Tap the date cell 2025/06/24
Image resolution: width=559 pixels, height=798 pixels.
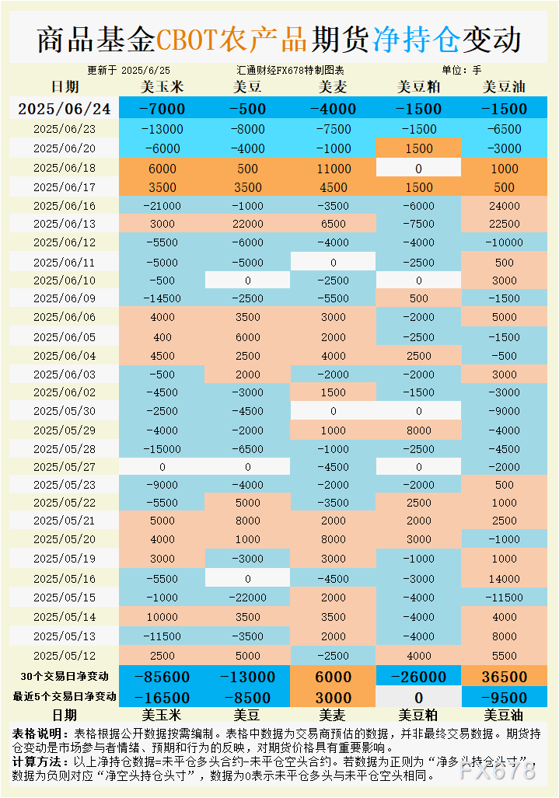(65, 109)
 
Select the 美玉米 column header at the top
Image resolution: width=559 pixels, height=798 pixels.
(162, 87)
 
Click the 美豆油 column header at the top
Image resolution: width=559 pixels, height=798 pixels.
(504, 87)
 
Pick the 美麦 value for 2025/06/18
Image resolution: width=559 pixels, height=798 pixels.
(334, 169)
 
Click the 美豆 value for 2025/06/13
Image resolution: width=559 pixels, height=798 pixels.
(248, 224)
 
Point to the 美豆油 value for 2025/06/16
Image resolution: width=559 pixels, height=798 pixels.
(504, 206)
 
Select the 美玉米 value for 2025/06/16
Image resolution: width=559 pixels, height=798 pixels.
(162, 206)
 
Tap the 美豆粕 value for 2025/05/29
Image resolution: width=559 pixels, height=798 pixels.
(418, 430)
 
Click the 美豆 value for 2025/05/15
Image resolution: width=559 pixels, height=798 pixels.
(248, 598)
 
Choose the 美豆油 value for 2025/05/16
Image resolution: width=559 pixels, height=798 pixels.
(504, 579)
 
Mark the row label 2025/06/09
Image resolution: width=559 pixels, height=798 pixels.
(65, 299)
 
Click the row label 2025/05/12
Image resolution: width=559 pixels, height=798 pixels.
(65, 655)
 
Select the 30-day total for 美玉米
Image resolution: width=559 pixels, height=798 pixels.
(162, 677)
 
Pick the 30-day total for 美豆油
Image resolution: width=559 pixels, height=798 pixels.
(504, 677)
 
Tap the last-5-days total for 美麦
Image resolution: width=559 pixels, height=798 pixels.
(334, 697)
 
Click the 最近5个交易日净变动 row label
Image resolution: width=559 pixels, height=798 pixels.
(65, 696)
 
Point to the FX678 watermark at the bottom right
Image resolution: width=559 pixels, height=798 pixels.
(498, 771)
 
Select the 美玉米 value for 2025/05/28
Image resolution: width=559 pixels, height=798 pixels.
(162, 448)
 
